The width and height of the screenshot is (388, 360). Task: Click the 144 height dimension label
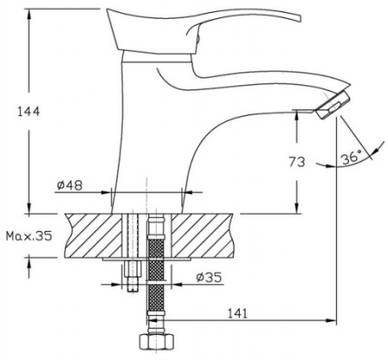tap(28, 111)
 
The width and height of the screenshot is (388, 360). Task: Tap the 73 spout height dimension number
tap(297, 162)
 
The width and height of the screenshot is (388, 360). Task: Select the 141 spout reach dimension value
tap(237, 313)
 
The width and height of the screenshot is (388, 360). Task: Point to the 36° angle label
tap(351, 157)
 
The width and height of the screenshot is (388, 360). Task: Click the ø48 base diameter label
tap(70, 185)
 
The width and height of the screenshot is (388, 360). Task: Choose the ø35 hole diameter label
tap(210, 277)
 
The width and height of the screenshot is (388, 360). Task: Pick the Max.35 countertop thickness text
tap(29, 236)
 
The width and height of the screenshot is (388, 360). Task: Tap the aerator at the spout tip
tap(333, 105)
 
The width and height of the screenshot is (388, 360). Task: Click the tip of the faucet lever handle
tap(299, 17)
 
